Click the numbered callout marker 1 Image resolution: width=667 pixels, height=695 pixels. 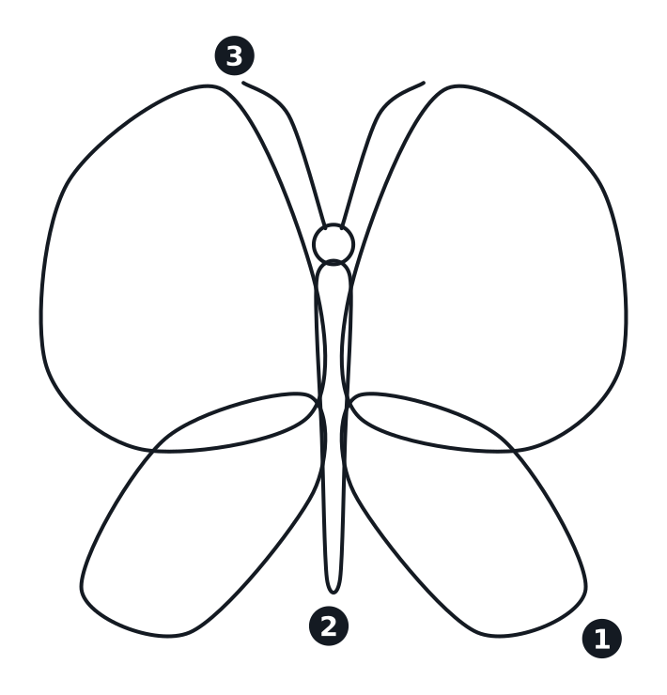pyautogui.click(x=601, y=639)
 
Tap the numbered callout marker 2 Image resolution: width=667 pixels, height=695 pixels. pyautogui.click(x=329, y=625)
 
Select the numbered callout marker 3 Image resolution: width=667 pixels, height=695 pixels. pyautogui.click(x=235, y=55)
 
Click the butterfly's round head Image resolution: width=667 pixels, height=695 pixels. pyautogui.click(x=333, y=244)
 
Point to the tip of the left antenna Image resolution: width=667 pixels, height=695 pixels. pyautogui.click(x=243, y=83)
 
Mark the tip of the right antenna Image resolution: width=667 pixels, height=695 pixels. pyautogui.click(x=424, y=83)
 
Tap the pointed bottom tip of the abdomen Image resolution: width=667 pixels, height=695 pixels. pyautogui.click(x=333, y=593)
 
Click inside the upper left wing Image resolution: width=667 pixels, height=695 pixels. pyautogui.click(x=178, y=266)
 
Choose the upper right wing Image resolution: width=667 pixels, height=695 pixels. pyautogui.click(x=488, y=266)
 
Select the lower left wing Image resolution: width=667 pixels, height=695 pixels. pyautogui.click(x=199, y=532)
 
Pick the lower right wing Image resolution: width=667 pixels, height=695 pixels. pyautogui.click(x=466, y=532)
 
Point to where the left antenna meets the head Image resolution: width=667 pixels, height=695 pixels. pyautogui.click(x=326, y=226)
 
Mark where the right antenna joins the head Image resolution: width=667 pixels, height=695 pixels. pyautogui.click(x=341, y=226)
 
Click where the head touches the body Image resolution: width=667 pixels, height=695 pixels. pyautogui.click(x=333, y=262)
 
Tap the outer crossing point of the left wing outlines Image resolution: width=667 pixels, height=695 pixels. pyautogui.click(x=153, y=451)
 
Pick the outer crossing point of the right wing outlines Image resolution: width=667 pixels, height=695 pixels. pyautogui.click(x=514, y=451)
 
